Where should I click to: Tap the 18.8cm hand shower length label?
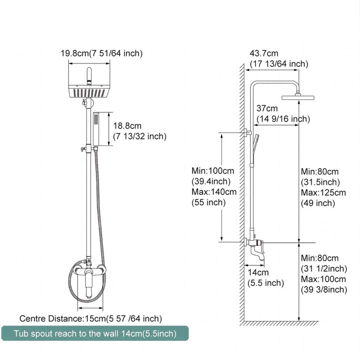click(127, 126)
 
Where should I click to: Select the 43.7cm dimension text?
click(264, 53)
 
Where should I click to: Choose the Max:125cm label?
click(323, 193)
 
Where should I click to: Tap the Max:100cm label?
click(323, 279)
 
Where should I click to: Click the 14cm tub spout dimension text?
click(258, 272)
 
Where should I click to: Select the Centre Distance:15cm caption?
click(91, 319)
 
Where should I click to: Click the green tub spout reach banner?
click(94, 333)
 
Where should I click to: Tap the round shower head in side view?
click(299, 97)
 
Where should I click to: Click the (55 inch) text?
click(209, 203)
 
